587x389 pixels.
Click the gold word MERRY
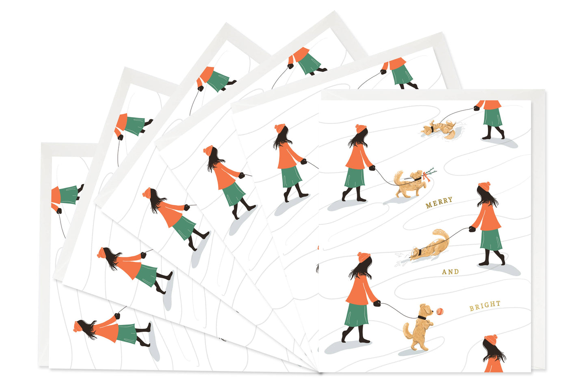439,202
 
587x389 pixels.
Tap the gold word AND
451,272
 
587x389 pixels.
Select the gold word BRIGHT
485,305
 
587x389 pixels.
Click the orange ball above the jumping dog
440,311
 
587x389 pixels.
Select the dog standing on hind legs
418,327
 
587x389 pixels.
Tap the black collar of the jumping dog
422,318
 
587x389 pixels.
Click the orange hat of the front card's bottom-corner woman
491,340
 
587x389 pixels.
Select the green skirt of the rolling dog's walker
493,118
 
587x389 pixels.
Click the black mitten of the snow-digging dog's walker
472,229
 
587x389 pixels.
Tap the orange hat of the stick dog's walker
361,129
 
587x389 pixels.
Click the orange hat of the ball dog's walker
364,257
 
